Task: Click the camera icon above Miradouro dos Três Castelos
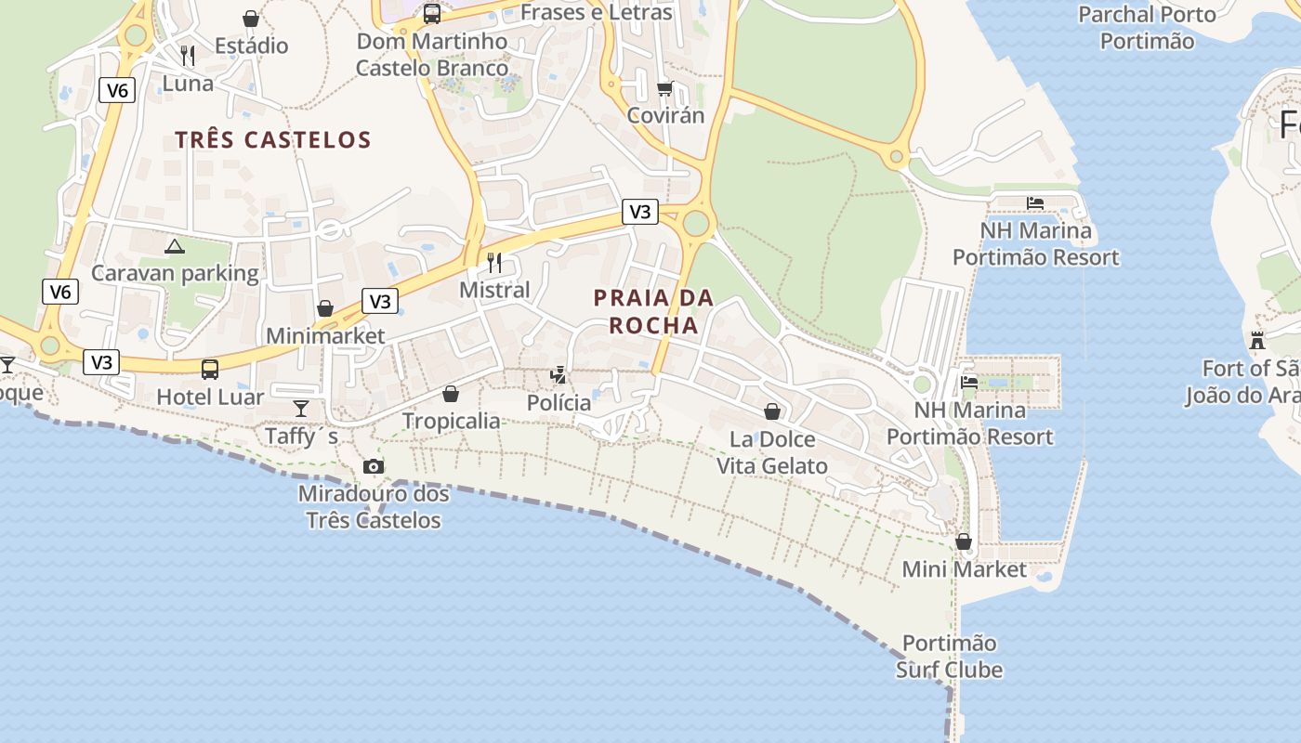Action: click(374, 466)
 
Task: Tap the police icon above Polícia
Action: click(558, 375)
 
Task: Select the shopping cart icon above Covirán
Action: click(664, 89)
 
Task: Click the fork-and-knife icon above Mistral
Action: click(494, 263)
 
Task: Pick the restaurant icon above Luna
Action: click(188, 55)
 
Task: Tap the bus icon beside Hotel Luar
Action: click(210, 369)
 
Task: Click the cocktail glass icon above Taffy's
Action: click(301, 408)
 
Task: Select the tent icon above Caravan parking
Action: click(174, 246)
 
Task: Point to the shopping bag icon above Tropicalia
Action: click(451, 394)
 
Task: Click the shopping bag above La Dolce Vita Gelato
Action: click(772, 411)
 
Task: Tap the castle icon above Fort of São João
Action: click(1257, 340)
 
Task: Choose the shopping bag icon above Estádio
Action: click(251, 19)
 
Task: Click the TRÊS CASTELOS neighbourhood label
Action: click(273, 140)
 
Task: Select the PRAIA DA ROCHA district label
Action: click(653, 311)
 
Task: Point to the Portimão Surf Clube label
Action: click(949, 656)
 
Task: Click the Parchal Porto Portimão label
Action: click(1147, 27)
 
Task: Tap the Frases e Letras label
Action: click(596, 13)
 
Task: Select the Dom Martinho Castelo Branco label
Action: click(432, 55)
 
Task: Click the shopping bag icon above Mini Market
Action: click(964, 541)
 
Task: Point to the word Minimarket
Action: click(325, 335)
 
